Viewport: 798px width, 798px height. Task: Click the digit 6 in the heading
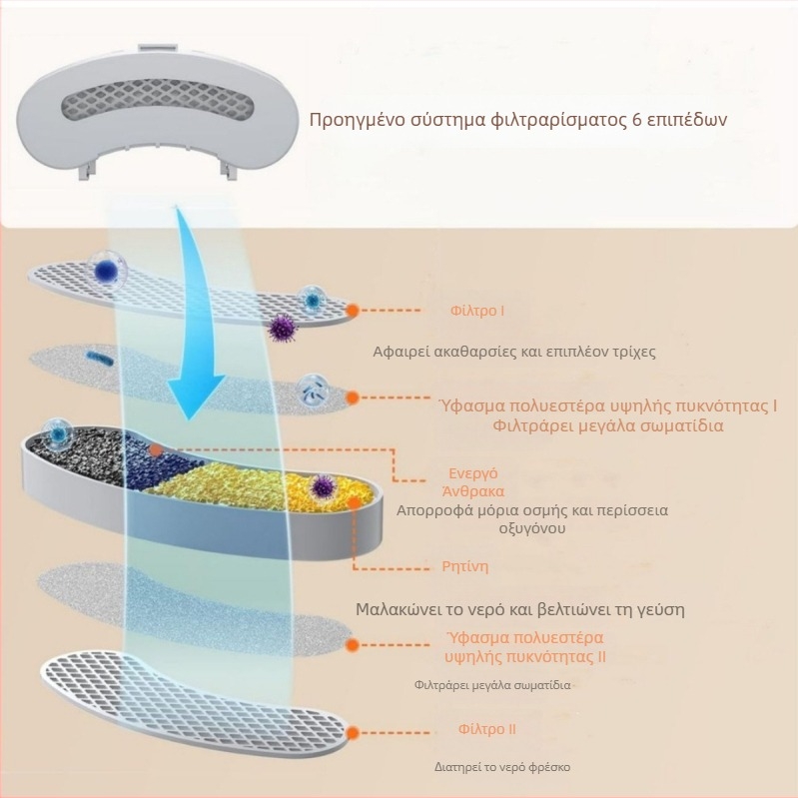[x=636, y=120]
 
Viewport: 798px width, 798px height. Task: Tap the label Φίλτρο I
[x=477, y=311]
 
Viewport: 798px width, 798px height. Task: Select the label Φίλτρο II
[x=487, y=729]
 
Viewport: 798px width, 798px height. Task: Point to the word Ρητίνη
[x=465, y=566]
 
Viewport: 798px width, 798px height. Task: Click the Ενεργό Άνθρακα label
[x=473, y=482]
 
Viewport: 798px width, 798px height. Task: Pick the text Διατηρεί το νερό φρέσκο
[x=502, y=767]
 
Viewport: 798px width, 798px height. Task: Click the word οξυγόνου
[x=531, y=528]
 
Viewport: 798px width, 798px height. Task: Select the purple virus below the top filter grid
[x=282, y=328]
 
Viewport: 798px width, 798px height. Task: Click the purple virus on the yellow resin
[x=323, y=486]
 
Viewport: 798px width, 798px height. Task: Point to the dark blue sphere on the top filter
[x=107, y=270]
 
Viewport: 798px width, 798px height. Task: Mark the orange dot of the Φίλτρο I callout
[x=352, y=310]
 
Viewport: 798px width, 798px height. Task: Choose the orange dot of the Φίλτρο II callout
[x=352, y=733]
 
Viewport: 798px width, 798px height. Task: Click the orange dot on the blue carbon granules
[x=156, y=449]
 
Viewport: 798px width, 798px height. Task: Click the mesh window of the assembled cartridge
[x=158, y=103]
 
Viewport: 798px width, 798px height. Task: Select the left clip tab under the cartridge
[x=86, y=168]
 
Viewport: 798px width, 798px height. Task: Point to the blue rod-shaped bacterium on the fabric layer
[x=99, y=358]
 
